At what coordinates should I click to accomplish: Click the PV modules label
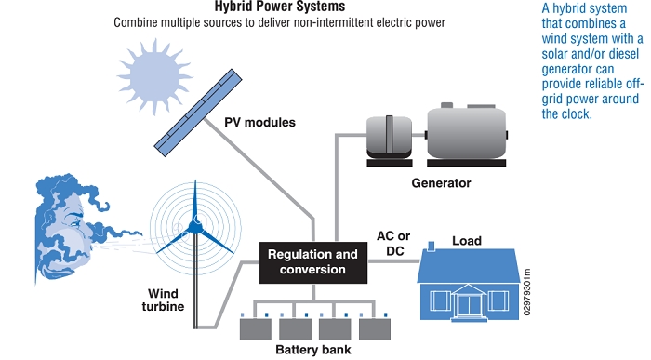point(259,122)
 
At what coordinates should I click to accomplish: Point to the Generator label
point(441,183)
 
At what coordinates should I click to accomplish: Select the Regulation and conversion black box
point(312,261)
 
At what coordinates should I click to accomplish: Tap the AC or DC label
point(393,244)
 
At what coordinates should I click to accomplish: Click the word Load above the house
point(466,241)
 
